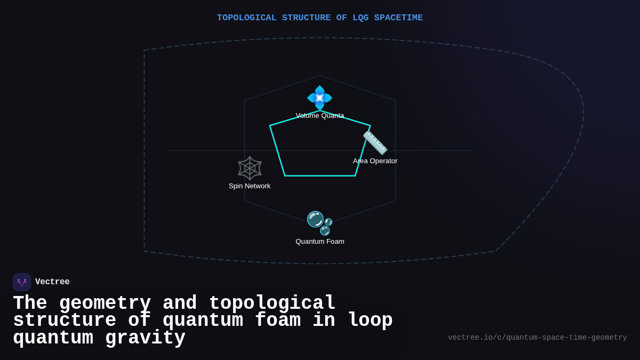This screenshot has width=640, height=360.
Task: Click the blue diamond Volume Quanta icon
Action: pos(319,98)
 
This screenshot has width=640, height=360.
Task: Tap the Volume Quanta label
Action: pos(320,116)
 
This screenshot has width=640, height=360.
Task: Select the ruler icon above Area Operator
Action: pos(375,142)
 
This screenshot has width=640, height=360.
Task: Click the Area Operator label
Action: pos(375,161)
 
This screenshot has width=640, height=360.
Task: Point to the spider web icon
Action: pos(250,168)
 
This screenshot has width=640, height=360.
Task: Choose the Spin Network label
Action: pos(250,186)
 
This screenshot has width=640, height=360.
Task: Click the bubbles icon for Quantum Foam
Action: pos(319,223)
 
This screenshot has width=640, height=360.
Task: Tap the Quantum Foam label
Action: pos(320,242)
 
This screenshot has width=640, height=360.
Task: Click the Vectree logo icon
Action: pos(22,282)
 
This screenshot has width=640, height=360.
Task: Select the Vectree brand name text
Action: pos(52,282)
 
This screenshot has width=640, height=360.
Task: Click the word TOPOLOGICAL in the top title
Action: pos(246,18)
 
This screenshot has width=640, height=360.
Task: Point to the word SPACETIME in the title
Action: pos(398,18)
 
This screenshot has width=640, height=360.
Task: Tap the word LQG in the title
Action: pos(361,18)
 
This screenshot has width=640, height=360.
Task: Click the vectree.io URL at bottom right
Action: pos(537,338)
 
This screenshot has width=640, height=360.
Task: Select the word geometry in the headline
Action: pos(105,303)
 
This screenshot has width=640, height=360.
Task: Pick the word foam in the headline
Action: pos(278,321)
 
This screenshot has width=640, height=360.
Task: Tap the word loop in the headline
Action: pos(370,321)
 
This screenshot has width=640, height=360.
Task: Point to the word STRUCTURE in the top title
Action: pos(306,18)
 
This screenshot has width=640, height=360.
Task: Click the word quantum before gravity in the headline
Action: pos(53,338)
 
